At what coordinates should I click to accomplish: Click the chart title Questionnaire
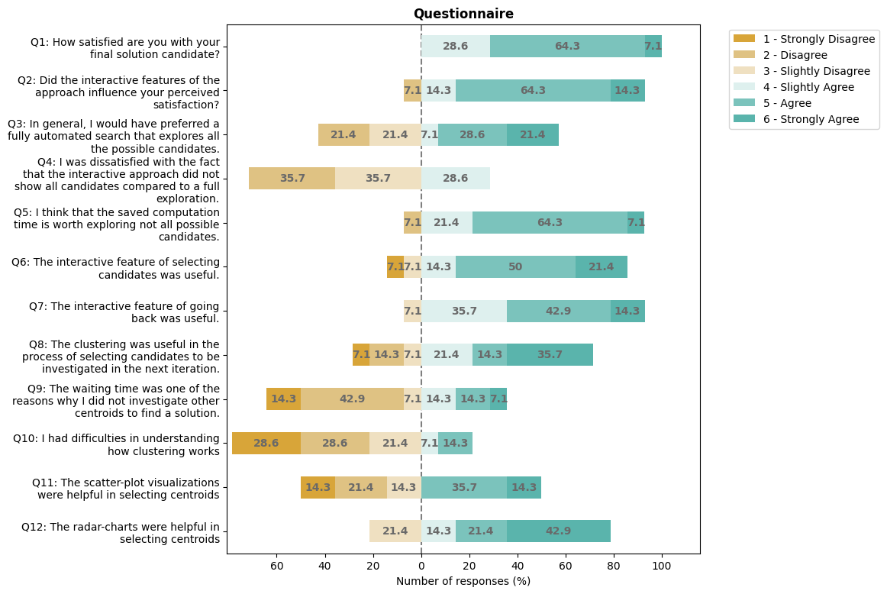tap(463, 14)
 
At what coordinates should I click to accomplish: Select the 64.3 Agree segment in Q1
tap(567, 46)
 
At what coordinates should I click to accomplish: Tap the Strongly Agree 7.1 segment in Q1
tap(653, 46)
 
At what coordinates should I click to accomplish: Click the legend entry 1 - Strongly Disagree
tap(801, 38)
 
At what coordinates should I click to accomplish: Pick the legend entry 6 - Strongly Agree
tap(801, 119)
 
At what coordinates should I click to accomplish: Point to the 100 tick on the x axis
tap(662, 566)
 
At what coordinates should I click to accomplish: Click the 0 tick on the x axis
tap(421, 566)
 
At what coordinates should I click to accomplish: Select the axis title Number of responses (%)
tap(463, 581)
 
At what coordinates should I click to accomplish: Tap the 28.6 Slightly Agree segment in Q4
tap(456, 179)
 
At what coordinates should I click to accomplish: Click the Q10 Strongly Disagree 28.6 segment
tap(266, 444)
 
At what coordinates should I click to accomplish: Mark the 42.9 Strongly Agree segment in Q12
tap(558, 531)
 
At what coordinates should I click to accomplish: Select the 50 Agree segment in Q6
tap(515, 266)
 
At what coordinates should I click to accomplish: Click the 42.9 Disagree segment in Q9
tap(352, 399)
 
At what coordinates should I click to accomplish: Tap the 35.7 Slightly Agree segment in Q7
tap(464, 311)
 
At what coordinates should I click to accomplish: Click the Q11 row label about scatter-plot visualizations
tap(126, 488)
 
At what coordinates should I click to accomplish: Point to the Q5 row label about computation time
tap(117, 223)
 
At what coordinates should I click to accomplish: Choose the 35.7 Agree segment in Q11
tap(464, 488)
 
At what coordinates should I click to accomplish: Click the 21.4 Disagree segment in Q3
tap(344, 134)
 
